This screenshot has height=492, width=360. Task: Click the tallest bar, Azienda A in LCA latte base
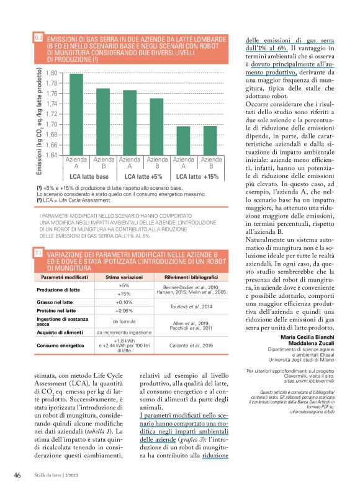tap(76, 114)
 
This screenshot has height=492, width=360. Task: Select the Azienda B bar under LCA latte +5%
tap(156, 127)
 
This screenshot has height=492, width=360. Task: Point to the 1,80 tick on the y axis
tap(51, 73)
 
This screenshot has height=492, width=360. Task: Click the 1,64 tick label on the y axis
tap(51, 155)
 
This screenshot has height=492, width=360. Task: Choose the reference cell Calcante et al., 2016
tap(194, 345)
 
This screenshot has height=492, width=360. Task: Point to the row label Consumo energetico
tap(62, 345)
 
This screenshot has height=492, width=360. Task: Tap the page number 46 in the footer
tap(17, 475)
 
